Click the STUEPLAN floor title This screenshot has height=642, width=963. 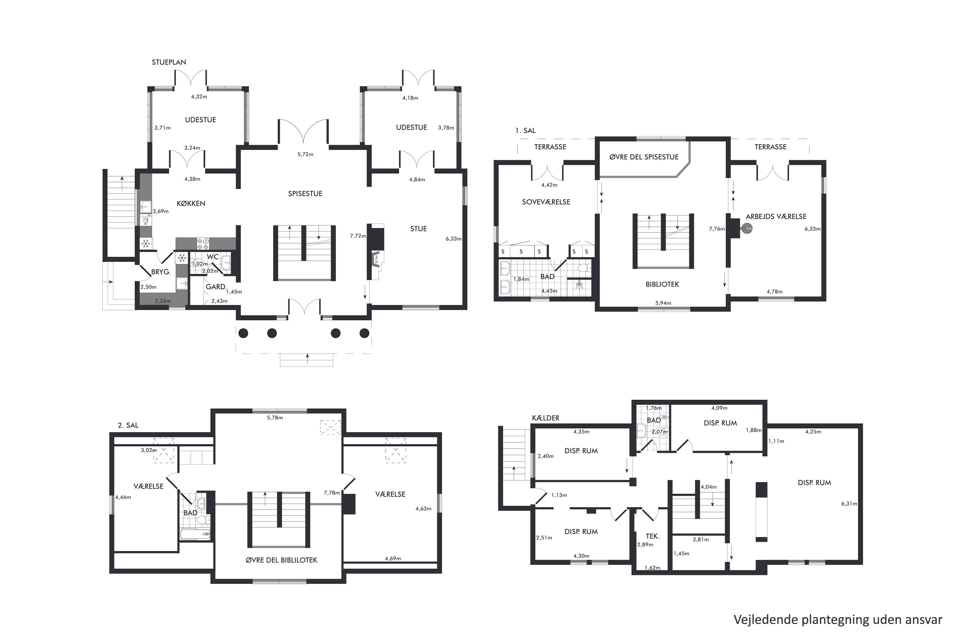coord(169,62)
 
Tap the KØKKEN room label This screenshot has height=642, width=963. coord(191,204)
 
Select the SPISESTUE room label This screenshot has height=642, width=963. coord(305,194)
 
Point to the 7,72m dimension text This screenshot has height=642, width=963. coord(358,236)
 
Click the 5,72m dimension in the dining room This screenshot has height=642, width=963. coord(305,154)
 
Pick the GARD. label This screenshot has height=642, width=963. coord(216,287)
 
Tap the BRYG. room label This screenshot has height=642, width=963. coord(161,272)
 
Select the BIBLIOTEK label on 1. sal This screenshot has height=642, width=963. coord(662,284)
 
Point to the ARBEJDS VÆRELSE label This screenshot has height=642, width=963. coord(776,217)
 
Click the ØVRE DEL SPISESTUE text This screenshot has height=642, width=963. coord(644,157)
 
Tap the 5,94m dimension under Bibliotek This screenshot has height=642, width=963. coord(663,303)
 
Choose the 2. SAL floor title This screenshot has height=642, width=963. coord(128,425)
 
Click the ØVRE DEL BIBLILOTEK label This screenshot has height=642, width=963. coord(281,560)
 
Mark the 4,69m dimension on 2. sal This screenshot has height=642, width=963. coord(393,559)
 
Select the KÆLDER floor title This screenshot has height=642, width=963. coord(545,418)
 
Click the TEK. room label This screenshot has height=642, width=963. coord(652,536)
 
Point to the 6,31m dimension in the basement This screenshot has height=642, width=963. coord(849,504)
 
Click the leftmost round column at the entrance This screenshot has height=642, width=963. coord(243,333)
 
